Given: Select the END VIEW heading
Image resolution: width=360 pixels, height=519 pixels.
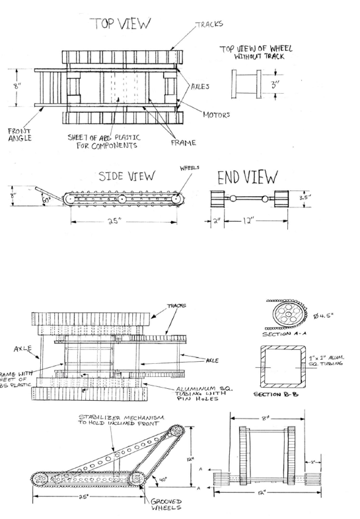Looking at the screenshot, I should pos(250,176).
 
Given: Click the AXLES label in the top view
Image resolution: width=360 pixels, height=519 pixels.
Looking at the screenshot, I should pos(201,86).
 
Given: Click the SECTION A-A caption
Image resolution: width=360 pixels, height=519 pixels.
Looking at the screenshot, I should pos(282,334).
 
